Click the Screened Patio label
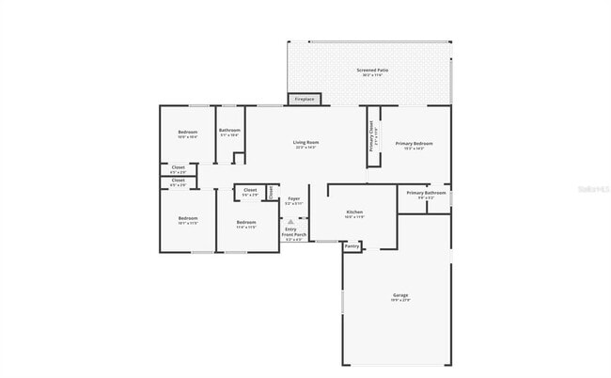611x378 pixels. tap(370, 71)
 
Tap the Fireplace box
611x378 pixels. tap(305, 99)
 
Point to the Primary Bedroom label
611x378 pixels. tap(415, 143)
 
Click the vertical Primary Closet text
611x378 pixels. tap(372, 136)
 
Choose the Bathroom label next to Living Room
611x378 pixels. tap(229, 130)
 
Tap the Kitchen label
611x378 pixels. tap(354, 213)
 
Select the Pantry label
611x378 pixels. tap(352, 246)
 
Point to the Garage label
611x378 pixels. tap(400, 294)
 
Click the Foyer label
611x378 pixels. tap(294, 198)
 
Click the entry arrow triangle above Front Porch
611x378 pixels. tap(290, 221)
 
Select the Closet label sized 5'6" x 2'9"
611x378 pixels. tap(250, 190)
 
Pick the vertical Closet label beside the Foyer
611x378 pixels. tap(271, 192)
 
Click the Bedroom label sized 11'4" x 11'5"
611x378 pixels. tap(246, 222)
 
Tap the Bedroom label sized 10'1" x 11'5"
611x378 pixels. tap(188, 218)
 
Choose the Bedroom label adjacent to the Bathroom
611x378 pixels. tap(188, 132)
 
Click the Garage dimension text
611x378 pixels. tap(400, 300)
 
